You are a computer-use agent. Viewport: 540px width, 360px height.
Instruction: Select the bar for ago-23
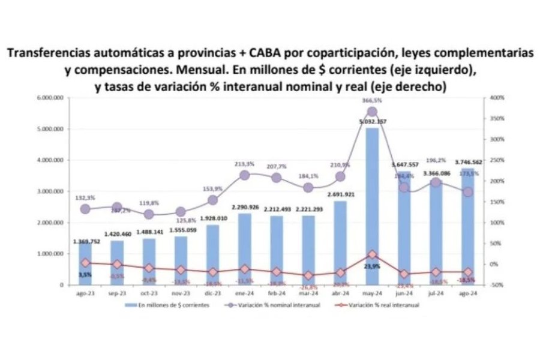click(86, 264)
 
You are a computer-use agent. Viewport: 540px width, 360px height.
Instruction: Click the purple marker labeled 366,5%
click(372, 112)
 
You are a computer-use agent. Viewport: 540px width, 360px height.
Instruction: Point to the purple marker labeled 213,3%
click(245, 175)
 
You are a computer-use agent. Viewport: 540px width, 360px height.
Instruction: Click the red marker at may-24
click(372, 254)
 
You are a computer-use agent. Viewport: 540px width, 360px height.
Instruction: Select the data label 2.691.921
click(340, 194)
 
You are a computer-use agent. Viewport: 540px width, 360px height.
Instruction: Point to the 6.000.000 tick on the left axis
click(51, 97)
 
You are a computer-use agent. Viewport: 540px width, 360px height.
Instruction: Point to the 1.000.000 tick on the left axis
click(51, 254)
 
